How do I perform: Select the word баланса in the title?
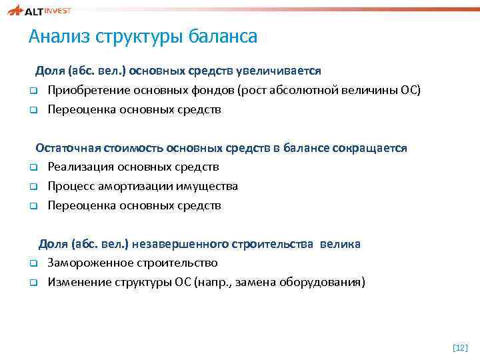click(x=224, y=37)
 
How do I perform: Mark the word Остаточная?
click(x=69, y=148)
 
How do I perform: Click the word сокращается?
click(x=369, y=148)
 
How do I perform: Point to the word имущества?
click(x=207, y=187)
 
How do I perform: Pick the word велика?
click(x=340, y=244)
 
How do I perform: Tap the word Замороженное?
click(x=87, y=263)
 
